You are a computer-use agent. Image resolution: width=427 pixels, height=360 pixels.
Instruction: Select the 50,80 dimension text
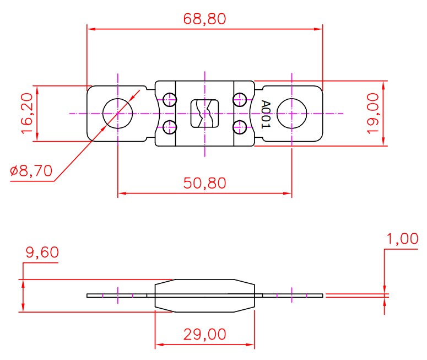[x=204, y=183]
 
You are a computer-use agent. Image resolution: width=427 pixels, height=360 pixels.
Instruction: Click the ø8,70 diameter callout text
[x=31, y=171]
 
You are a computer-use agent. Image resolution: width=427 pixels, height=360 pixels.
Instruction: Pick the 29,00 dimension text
[x=204, y=334]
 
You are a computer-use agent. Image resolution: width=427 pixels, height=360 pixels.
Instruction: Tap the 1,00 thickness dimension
[x=402, y=239]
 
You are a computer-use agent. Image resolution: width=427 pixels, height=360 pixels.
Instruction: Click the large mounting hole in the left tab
[x=117, y=114]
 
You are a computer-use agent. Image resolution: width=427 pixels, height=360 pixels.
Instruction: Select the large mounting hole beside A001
[x=291, y=114]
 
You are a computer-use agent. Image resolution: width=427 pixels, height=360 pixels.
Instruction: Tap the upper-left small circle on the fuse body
[x=170, y=100]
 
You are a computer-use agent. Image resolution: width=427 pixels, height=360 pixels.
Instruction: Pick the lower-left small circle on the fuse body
[x=170, y=127]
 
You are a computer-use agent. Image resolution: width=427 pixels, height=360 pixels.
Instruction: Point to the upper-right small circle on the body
[x=239, y=100]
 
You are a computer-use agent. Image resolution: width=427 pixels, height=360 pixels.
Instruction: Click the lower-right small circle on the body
[x=239, y=127]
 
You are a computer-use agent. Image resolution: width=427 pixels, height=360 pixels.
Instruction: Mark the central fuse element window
[x=204, y=114]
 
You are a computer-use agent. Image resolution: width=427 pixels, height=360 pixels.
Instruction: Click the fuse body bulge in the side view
[x=205, y=295]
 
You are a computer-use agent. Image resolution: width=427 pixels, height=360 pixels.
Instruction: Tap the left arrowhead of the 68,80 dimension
[x=91, y=29]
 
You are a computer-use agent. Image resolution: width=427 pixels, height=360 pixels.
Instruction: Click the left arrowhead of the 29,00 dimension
[x=159, y=346]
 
